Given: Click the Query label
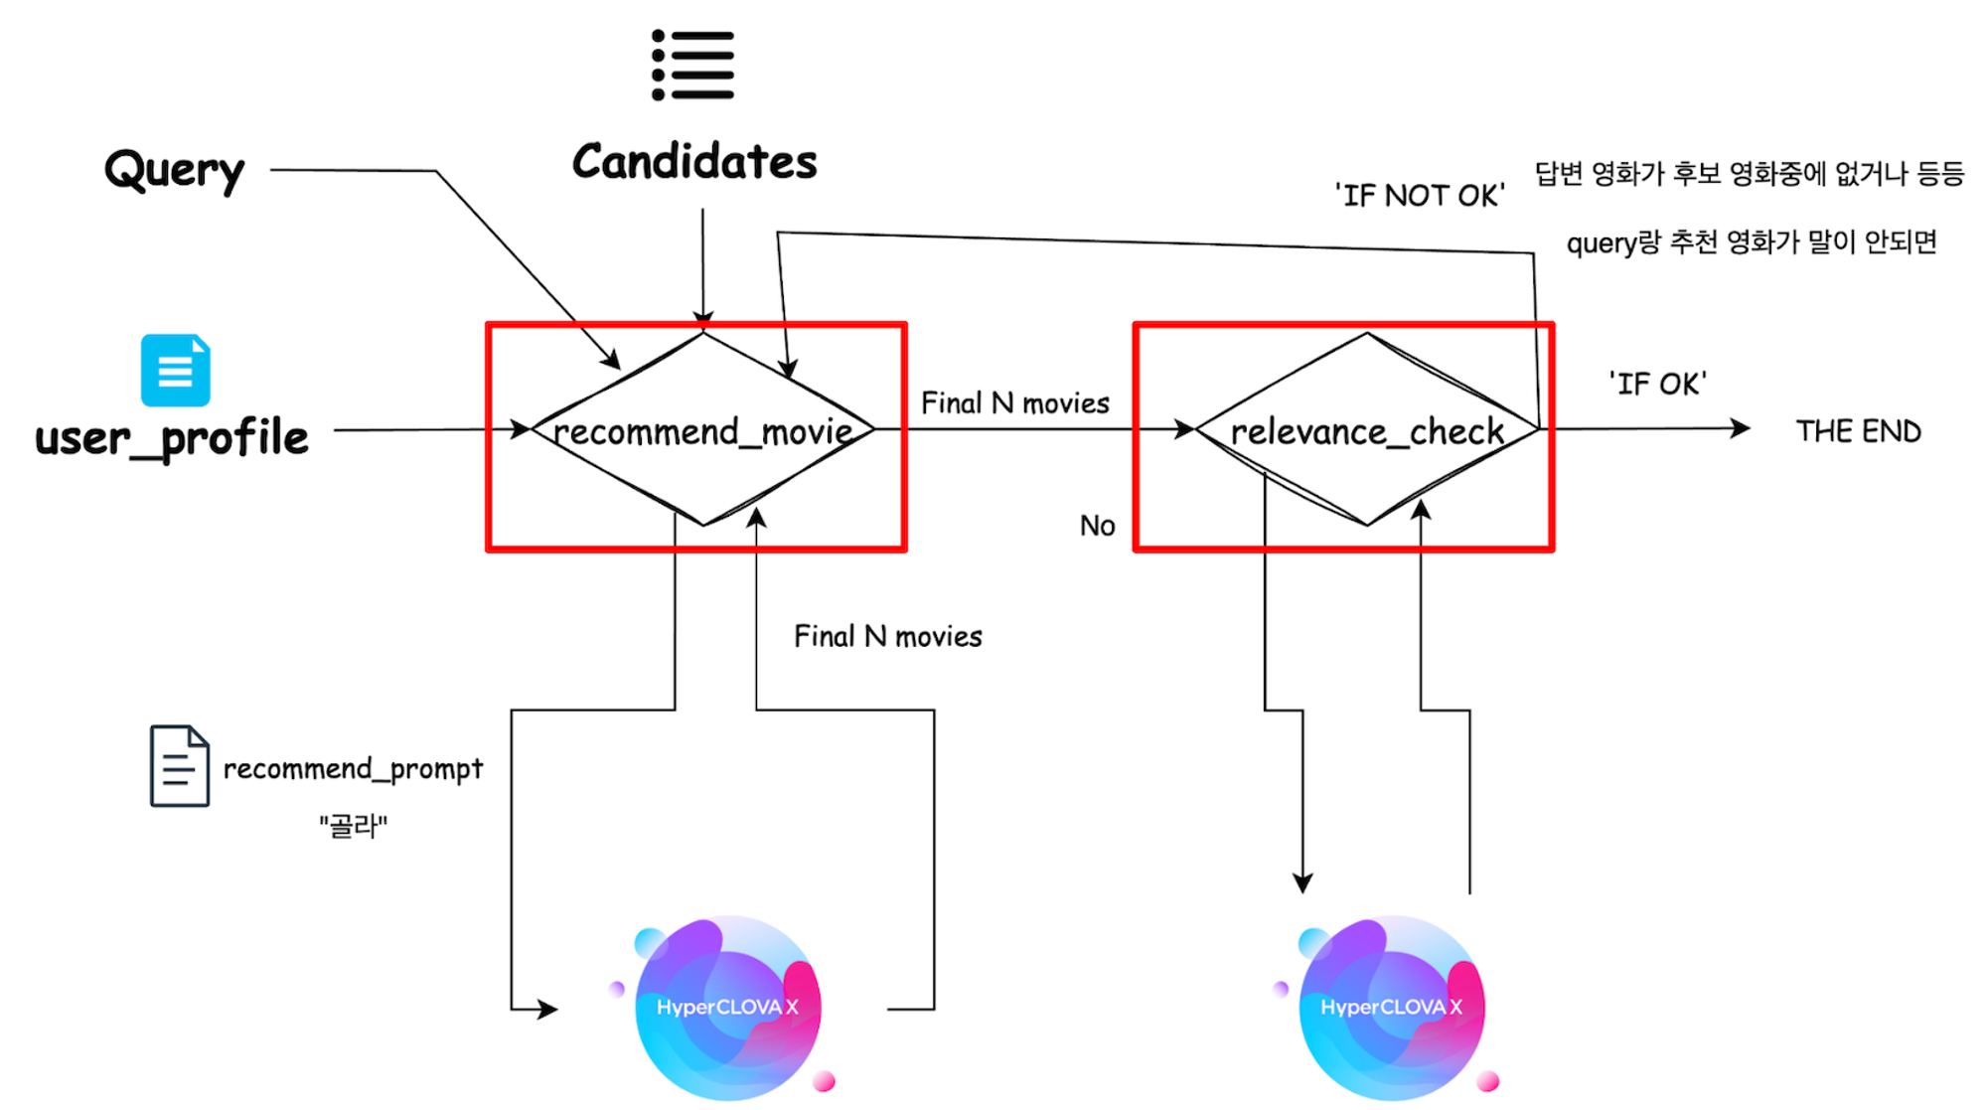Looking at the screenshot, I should [175, 171].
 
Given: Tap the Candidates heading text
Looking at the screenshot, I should [694, 162].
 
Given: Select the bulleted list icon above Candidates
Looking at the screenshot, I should [693, 66].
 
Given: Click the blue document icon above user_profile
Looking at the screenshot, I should [175, 370].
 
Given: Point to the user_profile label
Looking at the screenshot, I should [172, 438].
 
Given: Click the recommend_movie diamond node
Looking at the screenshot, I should [702, 430].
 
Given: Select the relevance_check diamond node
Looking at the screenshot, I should [1367, 430].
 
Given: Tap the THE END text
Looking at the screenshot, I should [1858, 431].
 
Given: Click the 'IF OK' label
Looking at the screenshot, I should [1657, 384].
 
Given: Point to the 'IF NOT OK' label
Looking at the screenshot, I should [1419, 196].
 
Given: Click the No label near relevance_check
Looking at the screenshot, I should [1097, 526].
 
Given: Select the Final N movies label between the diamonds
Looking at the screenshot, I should [1014, 403].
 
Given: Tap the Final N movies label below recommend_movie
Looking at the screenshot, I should [887, 637].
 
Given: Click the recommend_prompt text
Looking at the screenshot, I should [353, 769].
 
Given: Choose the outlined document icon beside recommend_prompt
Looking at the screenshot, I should [180, 765].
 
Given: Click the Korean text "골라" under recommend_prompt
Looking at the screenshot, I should [353, 826].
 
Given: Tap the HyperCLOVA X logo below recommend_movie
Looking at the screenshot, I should [727, 1007].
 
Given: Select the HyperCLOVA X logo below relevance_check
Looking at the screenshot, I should [1391, 1007].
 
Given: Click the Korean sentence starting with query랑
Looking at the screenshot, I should [1751, 242].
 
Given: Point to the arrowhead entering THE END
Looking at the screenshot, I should [1741, 428].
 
